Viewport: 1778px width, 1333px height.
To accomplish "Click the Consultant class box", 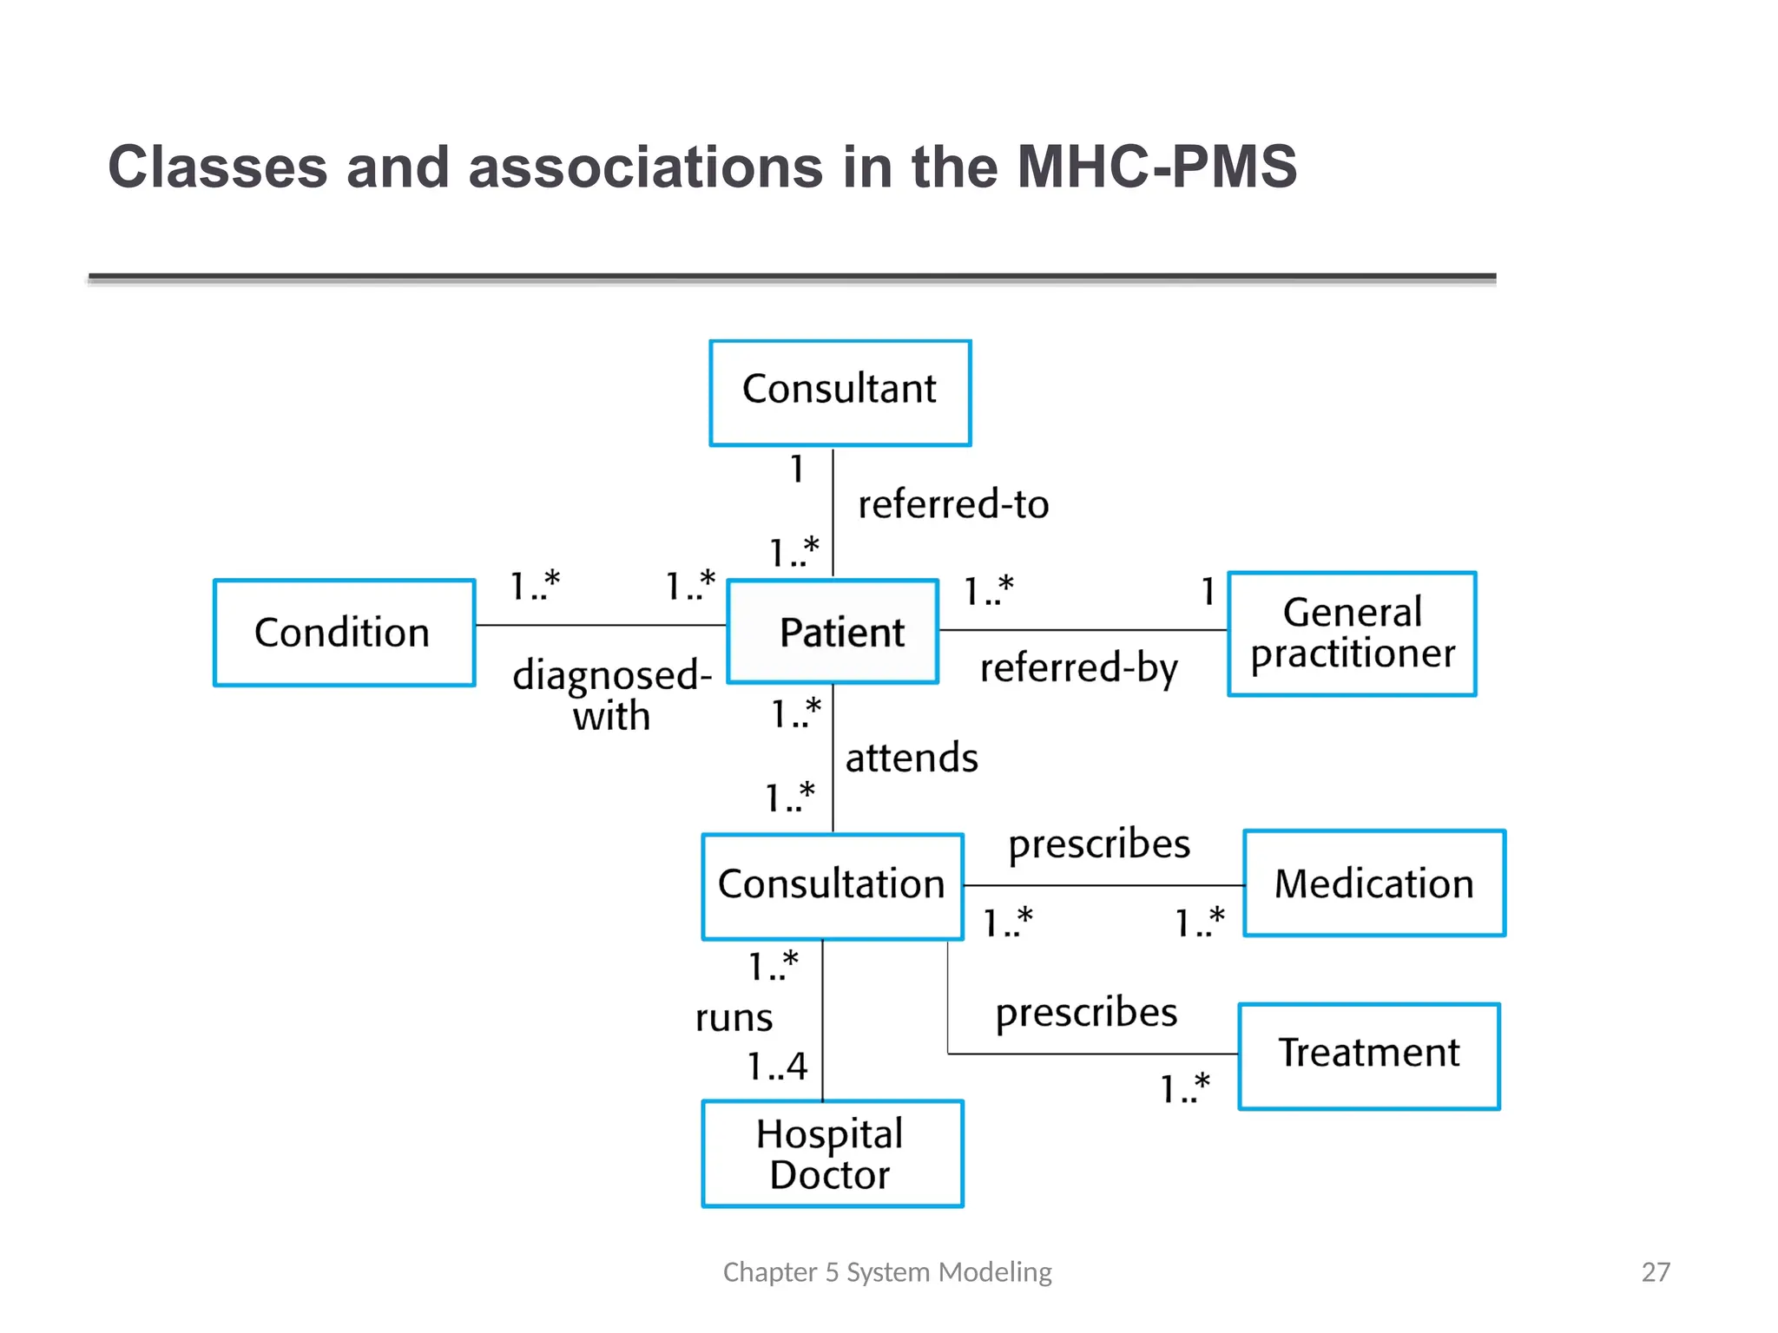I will (x=840, y=392).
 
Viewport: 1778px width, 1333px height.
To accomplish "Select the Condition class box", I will (x=344, y=633).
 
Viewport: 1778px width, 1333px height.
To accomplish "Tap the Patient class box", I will (x=833, y=632).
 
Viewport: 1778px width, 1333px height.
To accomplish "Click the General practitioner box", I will (x=1352, y=634).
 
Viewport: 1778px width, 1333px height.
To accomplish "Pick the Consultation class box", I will (x=832, y=886).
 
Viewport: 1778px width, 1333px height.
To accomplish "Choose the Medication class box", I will (x=1373, y=883).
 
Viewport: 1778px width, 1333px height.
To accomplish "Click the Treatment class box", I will (x=1368, y=1055).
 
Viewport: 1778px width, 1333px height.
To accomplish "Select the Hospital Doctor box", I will (x=832, y=1153).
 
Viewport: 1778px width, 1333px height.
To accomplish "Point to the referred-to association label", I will (x=953, y=504).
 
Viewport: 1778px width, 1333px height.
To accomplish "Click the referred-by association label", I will (x=1078, y=668).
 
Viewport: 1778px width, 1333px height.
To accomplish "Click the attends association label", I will (x=912, y=758).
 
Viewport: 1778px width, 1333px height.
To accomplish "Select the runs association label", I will (x=734, y=1018).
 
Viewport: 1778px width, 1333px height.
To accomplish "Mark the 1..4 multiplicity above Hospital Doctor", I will (x=777, y=1066).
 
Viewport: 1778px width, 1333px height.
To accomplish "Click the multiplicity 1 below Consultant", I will (x=797, y=470).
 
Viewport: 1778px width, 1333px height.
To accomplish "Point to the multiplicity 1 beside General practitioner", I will (x=1208, y=592).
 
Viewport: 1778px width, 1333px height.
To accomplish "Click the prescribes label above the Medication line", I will (x=1099, y=844).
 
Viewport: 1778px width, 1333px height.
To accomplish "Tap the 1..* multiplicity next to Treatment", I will (x=1185, y=1088).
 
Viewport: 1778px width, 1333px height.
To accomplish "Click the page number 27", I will (x=1656, y=1272).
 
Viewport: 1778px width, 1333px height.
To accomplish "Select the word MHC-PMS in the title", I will (x=1156, y=167).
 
